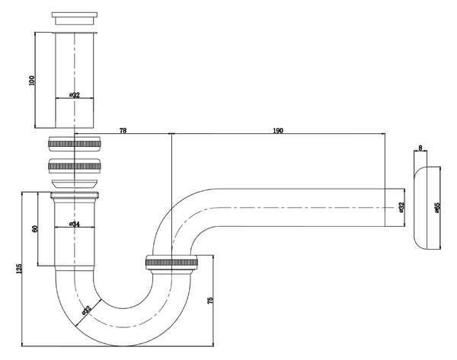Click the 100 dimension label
(x=32, y=81)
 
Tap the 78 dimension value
(x=123, y=130)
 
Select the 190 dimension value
(x=278, y=130)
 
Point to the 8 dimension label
(x=420, y=148)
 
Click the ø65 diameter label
(x=437, y=208)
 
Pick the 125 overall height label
(x=19, y=269)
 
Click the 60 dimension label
(x=35, y=228)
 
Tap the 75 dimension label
(x=210, y=301)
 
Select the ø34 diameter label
(x=75, y=224)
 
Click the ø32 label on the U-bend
(x=87, y=311)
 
